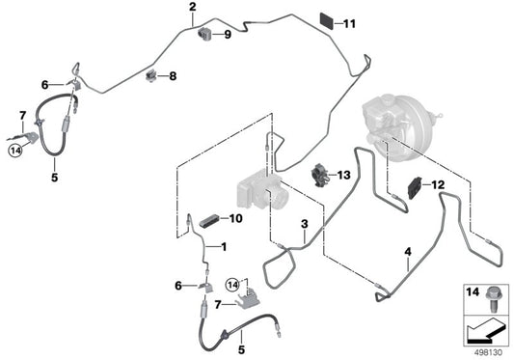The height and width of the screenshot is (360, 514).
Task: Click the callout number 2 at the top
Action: [192, 8]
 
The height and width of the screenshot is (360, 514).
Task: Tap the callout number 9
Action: [228, 36]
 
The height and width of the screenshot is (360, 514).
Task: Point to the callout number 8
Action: [173, 75]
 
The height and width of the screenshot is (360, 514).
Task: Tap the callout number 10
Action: [235, 218]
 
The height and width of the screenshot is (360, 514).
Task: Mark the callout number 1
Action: [224, 247]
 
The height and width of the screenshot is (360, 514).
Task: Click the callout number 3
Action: [304, 225]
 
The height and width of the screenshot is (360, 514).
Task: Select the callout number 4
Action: [408, 253]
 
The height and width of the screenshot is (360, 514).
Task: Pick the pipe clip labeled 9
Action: [205, 37]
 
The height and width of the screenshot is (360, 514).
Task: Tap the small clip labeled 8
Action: [151, 75]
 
